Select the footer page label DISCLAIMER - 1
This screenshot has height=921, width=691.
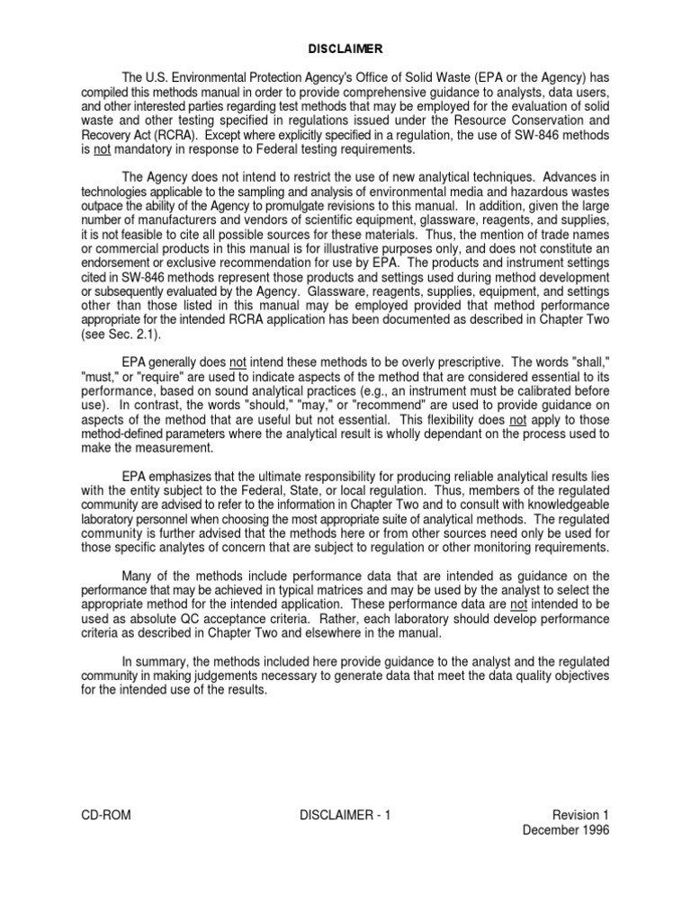pos(346,816)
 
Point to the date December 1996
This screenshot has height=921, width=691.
pos(566,830)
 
